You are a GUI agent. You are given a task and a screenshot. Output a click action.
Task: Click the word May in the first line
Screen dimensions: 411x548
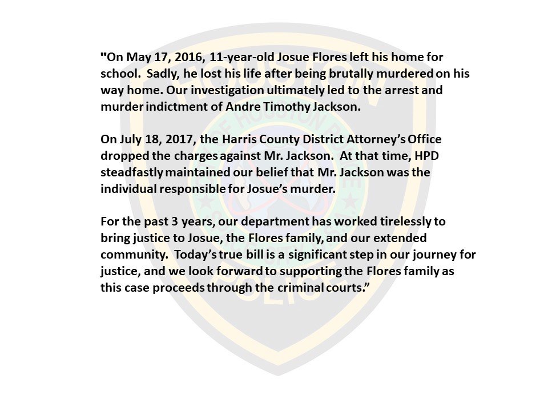135,58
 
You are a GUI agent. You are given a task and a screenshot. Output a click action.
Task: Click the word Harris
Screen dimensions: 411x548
243,140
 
